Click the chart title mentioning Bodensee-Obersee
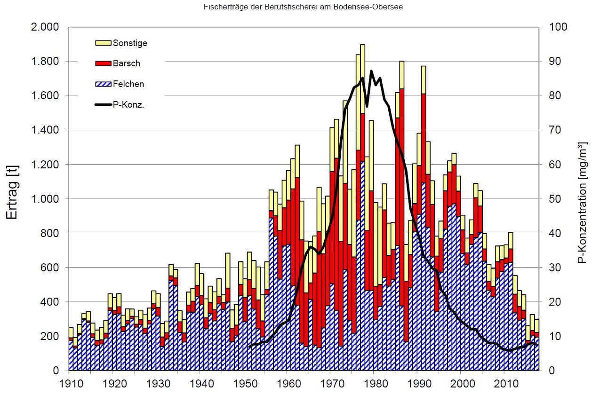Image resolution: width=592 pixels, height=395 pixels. tap(303, 7)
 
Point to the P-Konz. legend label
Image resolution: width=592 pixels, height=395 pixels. tap(128, 105)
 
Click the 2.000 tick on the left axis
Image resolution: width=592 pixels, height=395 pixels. tap(45, 27)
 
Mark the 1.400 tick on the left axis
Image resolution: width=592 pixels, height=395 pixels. tap(45, 130)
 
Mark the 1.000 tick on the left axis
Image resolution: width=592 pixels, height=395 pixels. tap(45, 199)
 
